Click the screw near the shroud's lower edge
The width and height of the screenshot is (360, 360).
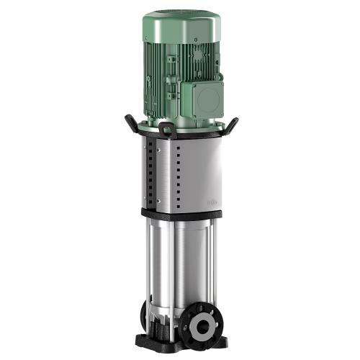click(158, 201)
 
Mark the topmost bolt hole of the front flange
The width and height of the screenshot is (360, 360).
click(198, 308)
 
